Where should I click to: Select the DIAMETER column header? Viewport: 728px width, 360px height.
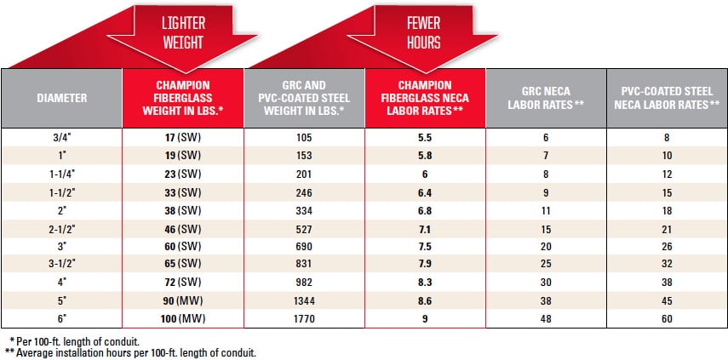(61, 98)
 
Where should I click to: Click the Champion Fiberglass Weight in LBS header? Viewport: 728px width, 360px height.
(182, 98)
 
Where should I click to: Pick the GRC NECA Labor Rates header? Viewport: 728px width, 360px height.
(545, 98)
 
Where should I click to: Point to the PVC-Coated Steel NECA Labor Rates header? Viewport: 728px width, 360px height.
(667, 98)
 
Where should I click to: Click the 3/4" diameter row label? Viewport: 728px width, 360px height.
(61, 137)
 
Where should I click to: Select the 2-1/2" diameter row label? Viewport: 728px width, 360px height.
(61, 229)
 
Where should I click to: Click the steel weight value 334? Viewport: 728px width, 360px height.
(303, 210)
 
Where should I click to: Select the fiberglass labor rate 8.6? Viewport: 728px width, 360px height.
(424, 302)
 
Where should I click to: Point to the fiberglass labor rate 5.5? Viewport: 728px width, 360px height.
(424, 137)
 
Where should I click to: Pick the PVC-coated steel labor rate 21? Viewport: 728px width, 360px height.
(667, 229)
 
